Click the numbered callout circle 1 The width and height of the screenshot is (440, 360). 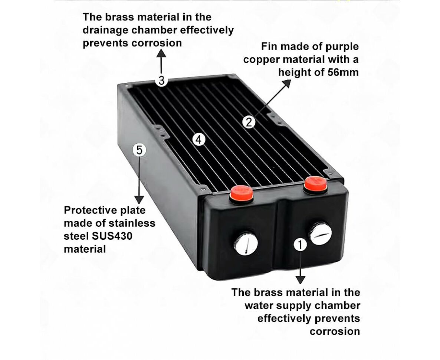click(300, 245)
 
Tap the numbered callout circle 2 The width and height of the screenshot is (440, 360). click(249, 122)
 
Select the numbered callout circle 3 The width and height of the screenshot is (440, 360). click(161, 81)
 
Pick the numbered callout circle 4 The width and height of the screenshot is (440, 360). click(199, 140)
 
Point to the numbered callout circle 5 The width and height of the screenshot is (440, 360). click(139, 150)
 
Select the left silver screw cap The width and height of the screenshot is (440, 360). click(246, 243)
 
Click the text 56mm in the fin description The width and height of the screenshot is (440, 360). click(343, 72)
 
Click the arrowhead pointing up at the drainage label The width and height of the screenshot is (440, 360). click(161, 53)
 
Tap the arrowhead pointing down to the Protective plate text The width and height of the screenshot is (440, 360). click(139, 200)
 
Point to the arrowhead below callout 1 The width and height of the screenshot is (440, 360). click(301, 280)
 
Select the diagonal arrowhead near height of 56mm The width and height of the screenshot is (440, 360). click(287, 84)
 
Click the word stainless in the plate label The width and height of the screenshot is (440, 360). click(132, 223)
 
